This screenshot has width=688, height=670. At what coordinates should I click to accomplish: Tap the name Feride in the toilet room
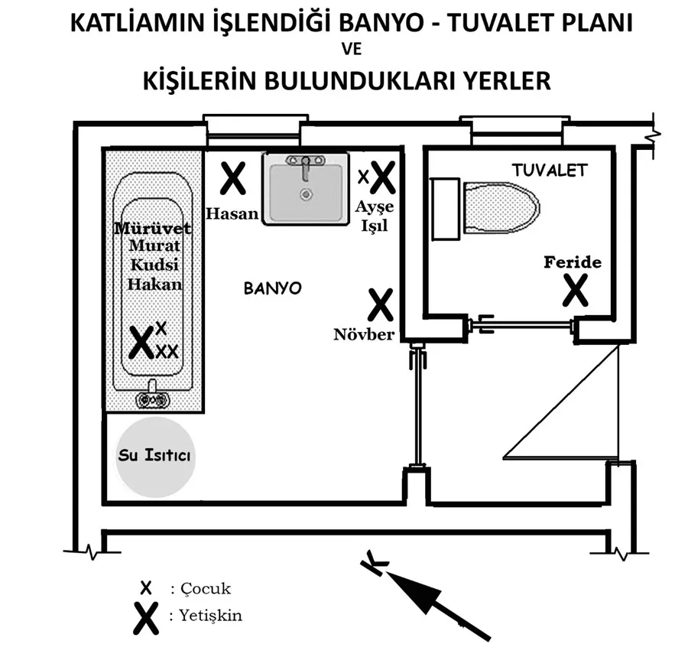coord(573,262)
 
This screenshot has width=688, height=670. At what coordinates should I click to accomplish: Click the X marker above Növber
coord(380,304)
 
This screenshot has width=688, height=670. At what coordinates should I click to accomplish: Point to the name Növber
coord(364,334)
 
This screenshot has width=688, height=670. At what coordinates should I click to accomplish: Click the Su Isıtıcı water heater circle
coord(155,456)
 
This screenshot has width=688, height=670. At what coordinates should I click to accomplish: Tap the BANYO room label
coord(273,288)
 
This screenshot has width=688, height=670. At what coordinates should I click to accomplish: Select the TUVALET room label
coord(549,170)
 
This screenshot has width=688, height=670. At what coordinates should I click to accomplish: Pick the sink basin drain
coord(306,194)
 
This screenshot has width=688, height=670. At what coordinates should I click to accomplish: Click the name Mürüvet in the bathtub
coord(154,229)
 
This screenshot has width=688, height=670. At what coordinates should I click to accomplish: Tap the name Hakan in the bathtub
coord(154,284)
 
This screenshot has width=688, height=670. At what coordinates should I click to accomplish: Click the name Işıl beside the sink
coord(375,226)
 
